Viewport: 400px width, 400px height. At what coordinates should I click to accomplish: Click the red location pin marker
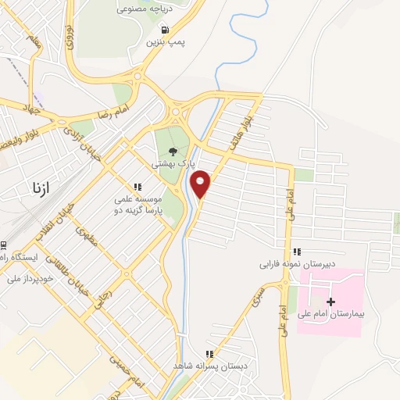(x=201, y=183)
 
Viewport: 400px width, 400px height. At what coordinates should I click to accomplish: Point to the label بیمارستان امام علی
(x=330, y=315)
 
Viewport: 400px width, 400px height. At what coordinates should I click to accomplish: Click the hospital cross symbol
(x=330, y=302)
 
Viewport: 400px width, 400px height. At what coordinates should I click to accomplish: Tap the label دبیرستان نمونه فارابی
(x=297, y=265)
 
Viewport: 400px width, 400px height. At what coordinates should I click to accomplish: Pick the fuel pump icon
(x=163, y=30)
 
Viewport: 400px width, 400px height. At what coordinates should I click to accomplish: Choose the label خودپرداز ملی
(x=30, y=278)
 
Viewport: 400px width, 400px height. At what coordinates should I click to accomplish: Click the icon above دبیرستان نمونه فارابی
(x=297, y=252)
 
